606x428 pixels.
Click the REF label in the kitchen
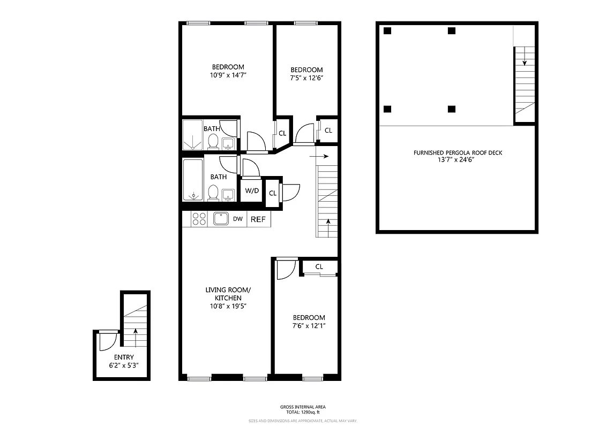(258, 219)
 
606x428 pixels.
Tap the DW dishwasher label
(237, 219)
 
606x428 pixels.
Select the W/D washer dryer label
(251, 191)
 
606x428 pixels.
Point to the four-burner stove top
(199, 219)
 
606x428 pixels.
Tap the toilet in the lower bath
(213, 192)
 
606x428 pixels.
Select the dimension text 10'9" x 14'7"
(228, 75)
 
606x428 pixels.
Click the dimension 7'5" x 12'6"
(306, 78)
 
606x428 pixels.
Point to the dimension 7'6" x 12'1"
(308, 326)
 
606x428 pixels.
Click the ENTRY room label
(124, 357)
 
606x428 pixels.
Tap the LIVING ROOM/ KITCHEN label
(228, 294)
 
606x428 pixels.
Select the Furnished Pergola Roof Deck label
(458, 152)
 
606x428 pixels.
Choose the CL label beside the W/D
(273, 193)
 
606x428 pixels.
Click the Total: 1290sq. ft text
(303, 412)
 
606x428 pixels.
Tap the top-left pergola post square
(387, 31)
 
